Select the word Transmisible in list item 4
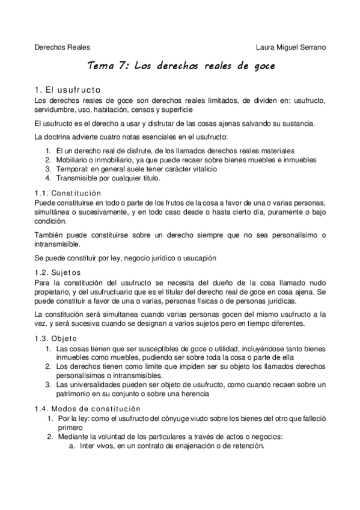coord(78,179)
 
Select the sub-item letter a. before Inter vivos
coord(72,446)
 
